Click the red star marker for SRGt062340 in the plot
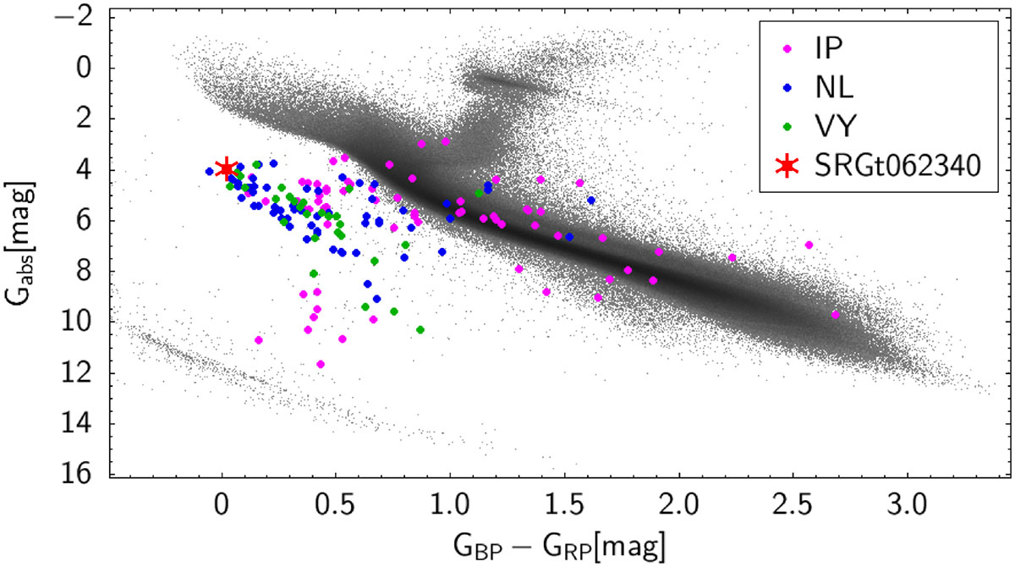[x=225, y=168]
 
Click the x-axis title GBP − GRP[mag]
[x=555, y=541]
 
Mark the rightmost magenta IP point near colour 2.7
[x=836, y=315]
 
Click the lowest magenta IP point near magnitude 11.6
[x=321, y=364]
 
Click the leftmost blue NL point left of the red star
[x=209, y=171]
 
